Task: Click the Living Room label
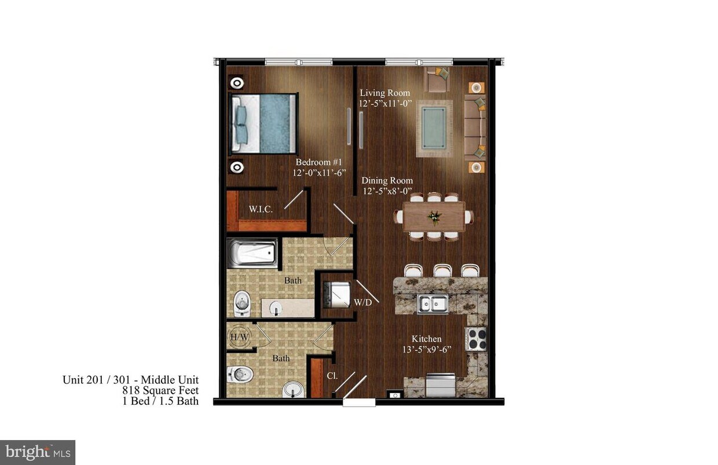click(384, 93)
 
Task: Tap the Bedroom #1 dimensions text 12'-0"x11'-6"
click(321, 173)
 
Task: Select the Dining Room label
click(387, 181)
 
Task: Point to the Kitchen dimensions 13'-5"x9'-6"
click(426, 349)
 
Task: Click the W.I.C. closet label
click(261, 209)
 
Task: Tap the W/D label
click(362, 302)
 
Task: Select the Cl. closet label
click(332, 375)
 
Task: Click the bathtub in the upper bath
click(251, 253)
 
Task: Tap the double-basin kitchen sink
click(433, 304)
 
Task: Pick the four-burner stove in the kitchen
click(477, 339)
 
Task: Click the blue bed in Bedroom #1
click(265, 123)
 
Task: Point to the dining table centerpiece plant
click(433, 217)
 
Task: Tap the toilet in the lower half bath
click(240, 375)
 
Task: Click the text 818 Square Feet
click(160, 390)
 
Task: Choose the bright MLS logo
click(38, 452)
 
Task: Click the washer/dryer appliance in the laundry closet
click(335, 294)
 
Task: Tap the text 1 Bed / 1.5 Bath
click(160, 401)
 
